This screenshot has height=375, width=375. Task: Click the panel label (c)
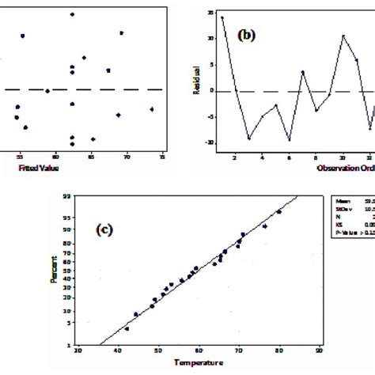click(104, 229)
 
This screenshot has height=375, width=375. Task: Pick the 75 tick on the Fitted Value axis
click(161, 157)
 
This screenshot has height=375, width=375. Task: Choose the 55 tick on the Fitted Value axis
click(21, 157)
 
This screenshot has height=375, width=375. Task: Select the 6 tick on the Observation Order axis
click(289, 157)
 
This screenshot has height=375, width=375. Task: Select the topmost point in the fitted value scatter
click(72, 14)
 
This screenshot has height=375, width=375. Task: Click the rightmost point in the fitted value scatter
click(151, 109)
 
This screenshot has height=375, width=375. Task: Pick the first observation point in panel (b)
click(222, 17)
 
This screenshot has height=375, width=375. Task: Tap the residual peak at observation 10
click(343, 36)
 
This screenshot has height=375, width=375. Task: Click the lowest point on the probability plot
click(127, 328)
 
